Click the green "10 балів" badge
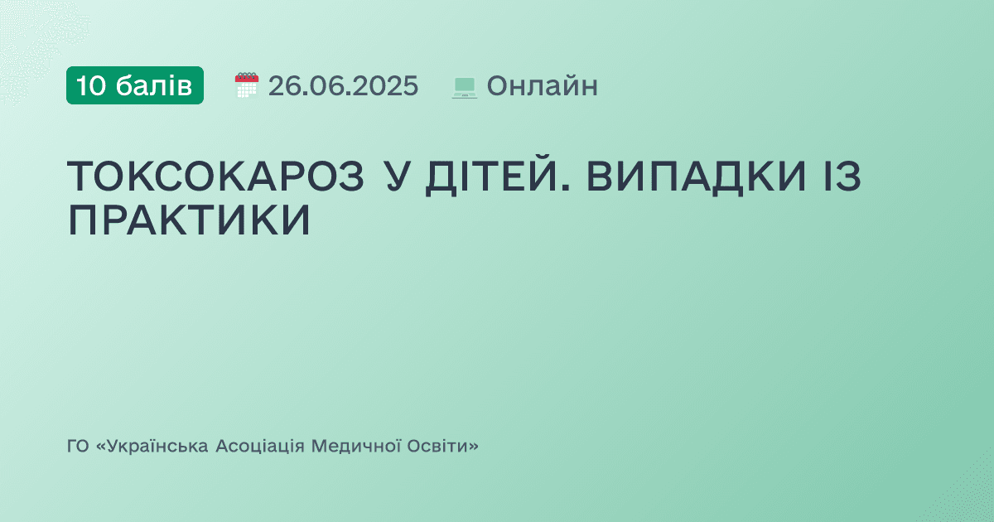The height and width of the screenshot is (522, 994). point(135,85)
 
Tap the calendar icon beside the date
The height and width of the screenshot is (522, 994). point(247,85)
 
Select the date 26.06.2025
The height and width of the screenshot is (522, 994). point(343,85)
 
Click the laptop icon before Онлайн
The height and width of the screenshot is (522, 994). point(465,87)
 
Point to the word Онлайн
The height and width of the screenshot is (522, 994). point(542,85)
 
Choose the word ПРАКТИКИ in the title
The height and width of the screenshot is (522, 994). point(189,220)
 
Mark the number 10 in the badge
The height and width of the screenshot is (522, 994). point(91,85)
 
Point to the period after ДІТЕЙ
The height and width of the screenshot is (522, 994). point(568,190)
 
